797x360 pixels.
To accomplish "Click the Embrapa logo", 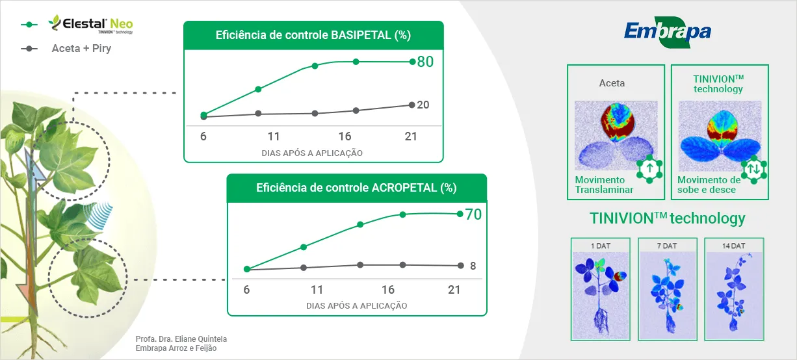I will (x=668, y=32).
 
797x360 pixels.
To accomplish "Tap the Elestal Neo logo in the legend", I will (x=90, y=25).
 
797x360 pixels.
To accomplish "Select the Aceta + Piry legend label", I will (x=81, y=48).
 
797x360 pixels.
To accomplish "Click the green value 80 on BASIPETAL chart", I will (x=425, y=62).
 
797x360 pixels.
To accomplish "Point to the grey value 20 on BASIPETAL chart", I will (x=423, y=105).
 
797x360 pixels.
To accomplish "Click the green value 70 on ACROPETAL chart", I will (x=473, y=214).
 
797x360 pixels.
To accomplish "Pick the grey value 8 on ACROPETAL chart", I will (x=473, y=266).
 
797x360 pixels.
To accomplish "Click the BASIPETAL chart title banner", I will (x=313, y=35).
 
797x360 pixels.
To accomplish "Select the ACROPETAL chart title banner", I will (x=356, y=188).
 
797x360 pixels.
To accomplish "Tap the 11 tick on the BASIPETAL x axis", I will (x=274, y=136).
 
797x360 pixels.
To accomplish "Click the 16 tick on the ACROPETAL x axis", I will (x=388, y=290).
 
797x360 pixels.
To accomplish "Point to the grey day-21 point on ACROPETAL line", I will (x=460, y=265).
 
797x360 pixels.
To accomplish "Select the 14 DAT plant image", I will (x=734, y=289).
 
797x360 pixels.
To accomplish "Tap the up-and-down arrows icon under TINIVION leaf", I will (x=753, y=169).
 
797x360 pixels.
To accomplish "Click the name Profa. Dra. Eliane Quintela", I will (x=181, y=339).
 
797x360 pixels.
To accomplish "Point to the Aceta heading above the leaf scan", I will (x=612, y=83).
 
